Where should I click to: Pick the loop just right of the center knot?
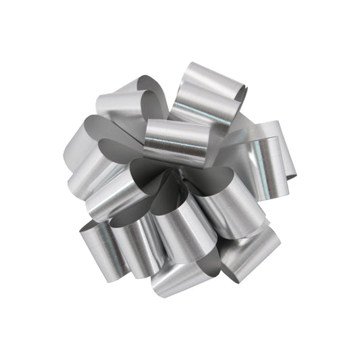(x=226, y=203)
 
